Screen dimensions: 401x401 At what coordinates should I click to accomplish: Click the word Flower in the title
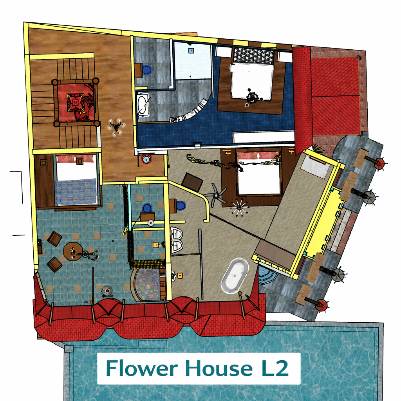point(142,368)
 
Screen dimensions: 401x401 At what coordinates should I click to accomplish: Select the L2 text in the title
point(275,368)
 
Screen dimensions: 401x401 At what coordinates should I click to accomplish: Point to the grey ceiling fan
point(216,195)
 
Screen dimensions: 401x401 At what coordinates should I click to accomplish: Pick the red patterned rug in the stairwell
point(76,102)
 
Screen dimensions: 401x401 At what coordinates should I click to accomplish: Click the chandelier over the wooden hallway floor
point(116,126)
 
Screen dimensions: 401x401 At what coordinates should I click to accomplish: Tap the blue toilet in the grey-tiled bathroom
point(147,70)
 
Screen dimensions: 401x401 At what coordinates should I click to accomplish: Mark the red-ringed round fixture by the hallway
point(146,159)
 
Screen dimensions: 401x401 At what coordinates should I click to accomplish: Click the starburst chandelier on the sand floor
point(239,208)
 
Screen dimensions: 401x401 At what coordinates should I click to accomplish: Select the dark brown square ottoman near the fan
point(192,182)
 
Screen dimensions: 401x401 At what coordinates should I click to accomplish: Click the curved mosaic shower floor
point(147,284)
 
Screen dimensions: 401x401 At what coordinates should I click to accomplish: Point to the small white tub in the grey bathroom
point(142,105)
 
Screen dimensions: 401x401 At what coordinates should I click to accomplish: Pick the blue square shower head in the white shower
point(191,51)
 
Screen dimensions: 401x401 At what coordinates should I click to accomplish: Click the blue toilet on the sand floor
point(181,205)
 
